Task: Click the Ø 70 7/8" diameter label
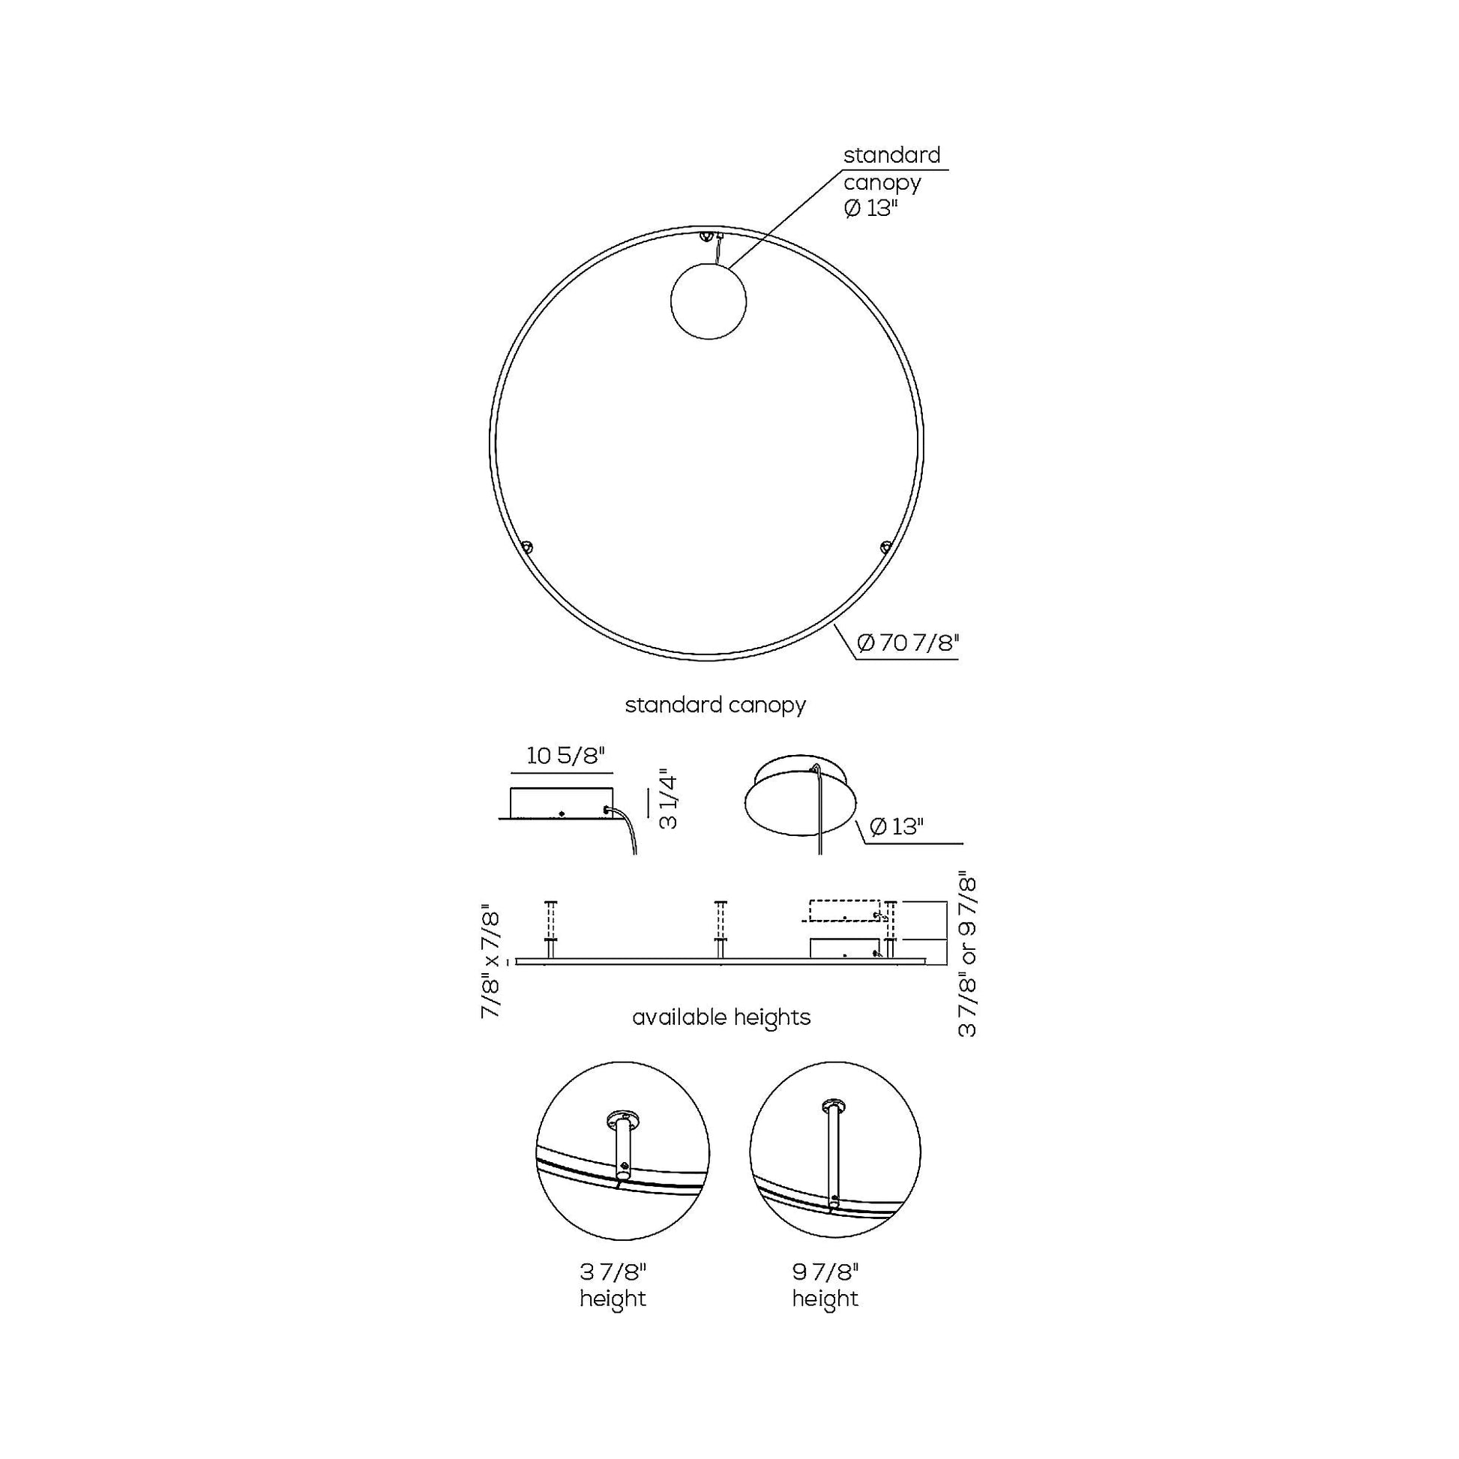(909, 643)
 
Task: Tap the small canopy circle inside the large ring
(709, 301)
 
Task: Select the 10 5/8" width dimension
(566, 755)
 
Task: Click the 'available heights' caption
(721, 1017)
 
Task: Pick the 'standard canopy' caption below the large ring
(715, 705)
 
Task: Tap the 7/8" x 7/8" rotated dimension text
(491, 960)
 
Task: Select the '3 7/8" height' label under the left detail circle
(613, 1285)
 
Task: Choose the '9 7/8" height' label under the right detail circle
(825, 1285)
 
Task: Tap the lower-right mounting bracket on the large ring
(885, 545)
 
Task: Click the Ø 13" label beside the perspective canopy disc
(897, 826)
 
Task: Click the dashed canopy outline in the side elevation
(844, 911)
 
